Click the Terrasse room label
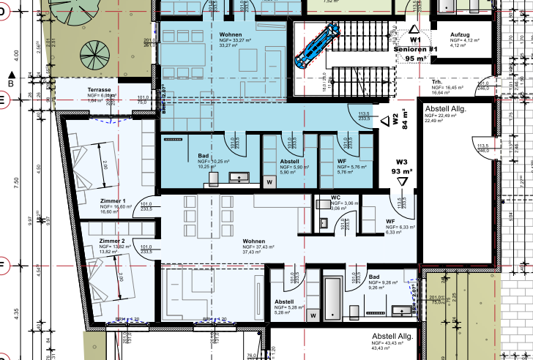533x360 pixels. click(x=99, y=89)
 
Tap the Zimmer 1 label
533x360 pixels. click(x=113, y=200)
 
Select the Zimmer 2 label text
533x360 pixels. click(x=113, y=241)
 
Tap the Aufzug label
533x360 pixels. click(x=459, y=34)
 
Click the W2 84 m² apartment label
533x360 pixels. click(x=400, y=121)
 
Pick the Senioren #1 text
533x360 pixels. click(x=415, y=48)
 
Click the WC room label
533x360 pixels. click(x=335, y=197)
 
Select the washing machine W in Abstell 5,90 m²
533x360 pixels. click(x=269, y=181)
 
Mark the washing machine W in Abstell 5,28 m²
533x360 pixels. click(x=313, y=315)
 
